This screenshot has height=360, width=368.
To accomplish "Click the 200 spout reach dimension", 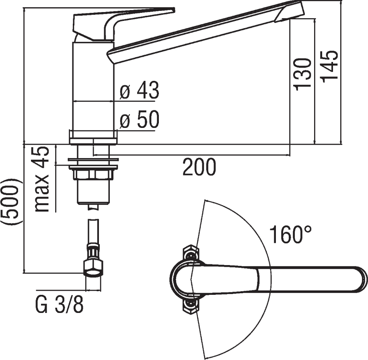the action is click(x=199, y=167).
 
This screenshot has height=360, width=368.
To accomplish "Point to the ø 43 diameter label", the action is click(x=139, y=90).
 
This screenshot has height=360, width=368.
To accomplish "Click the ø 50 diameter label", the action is click(x=139, y=119).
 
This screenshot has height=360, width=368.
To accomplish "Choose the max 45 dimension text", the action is click(x=42, y=179).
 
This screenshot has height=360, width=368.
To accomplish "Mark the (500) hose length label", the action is click(x=12, y=202).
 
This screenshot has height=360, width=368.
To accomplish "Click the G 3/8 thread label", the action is click(x=60, y=304).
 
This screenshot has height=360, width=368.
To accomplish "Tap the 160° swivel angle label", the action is click(x=290, y=235).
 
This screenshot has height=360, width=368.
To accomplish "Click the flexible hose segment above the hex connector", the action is click(x=93, y=231).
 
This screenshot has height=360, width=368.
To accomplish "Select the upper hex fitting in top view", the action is click(x=191, y=253).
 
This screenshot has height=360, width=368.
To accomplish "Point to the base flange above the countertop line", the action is click(x=93, y=137).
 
